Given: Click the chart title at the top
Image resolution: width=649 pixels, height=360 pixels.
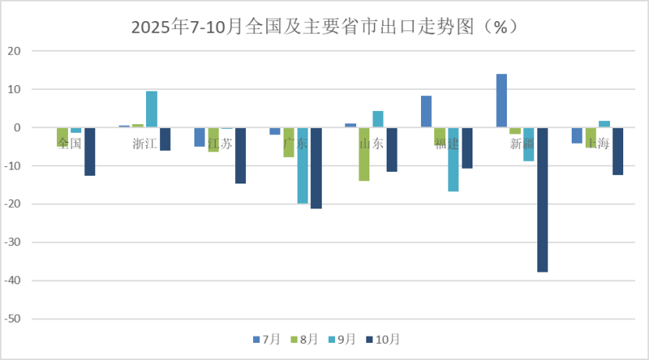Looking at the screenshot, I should coord(324,27).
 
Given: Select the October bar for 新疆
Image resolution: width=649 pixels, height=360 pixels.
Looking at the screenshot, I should coord(542,199).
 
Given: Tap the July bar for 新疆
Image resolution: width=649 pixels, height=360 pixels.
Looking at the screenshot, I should coord(501,101).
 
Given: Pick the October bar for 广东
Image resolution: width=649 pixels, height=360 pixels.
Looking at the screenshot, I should coord(316,168).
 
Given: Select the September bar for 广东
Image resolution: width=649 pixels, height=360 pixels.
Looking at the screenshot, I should coord(302,166).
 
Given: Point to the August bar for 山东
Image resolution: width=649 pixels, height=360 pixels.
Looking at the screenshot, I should coord(364,154).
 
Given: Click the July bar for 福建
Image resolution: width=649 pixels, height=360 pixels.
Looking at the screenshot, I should coord(426,112).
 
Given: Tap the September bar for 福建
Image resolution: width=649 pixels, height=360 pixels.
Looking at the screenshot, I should coord(453,159).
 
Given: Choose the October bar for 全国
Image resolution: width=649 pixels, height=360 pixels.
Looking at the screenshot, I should coord(90,151).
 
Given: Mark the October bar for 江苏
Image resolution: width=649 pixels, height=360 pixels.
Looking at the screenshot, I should coord(241,155).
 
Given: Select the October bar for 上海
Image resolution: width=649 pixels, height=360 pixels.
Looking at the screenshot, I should coord(618,151).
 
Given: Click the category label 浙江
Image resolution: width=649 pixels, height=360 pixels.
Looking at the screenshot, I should coord(144,144).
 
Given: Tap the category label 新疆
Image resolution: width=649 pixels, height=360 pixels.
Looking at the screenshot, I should coord(522,144).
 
